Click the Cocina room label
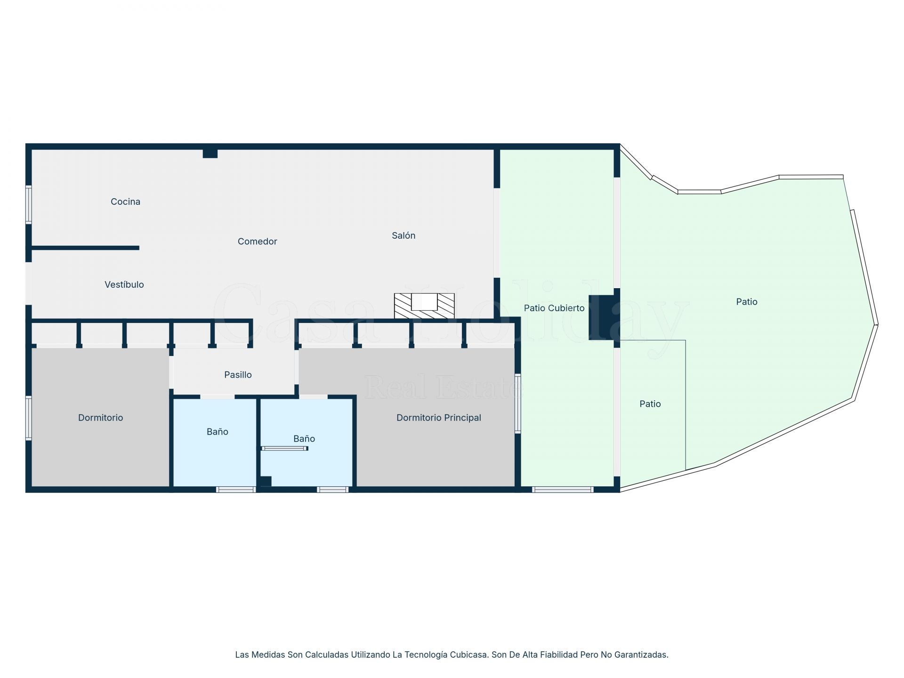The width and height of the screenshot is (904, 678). [x=125, y=202]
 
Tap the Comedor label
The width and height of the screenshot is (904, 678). [x=257, y=242]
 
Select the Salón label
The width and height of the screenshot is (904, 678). [x=404, y=235]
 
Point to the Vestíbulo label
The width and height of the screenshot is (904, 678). [x=124, y=284]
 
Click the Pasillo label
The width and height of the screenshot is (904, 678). [x=238, y=375]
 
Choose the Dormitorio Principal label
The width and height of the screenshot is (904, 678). [x=438, y=418]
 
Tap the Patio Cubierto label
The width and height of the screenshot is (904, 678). [x=554, y=308]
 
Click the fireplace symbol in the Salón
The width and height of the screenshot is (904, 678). [x=424, y=306]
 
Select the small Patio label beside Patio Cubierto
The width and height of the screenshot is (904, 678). [x=650, y=404]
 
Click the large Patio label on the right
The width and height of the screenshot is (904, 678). [x=747, y=302]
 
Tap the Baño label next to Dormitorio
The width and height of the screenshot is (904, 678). [x=217, y=432]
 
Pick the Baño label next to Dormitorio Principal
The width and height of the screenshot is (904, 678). [x=304, y=439]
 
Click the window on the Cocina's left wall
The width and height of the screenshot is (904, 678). [x=29, y=204]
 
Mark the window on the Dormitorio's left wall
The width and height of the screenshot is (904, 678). [x=29, y=418]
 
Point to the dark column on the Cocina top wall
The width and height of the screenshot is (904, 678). [x=210, y=153]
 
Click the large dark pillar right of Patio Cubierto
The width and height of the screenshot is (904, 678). [x=602, y=317]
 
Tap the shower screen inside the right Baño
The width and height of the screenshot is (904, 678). [x=284, y=448]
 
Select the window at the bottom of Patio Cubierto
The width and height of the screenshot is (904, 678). [x=563, y=490]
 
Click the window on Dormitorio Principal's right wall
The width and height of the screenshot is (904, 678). [x=517, y=404]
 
